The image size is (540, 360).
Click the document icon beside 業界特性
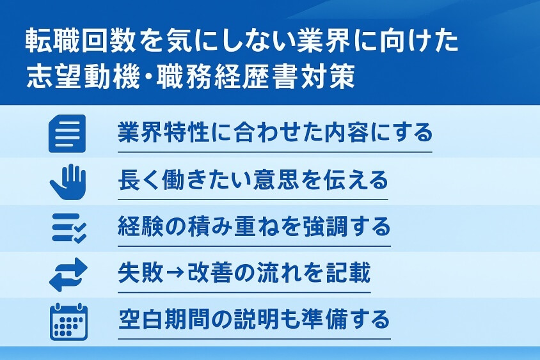(67, 133)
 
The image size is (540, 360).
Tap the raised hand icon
(67, 180)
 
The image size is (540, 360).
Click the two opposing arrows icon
(67, 273)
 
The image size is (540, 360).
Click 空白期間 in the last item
(157, 319)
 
